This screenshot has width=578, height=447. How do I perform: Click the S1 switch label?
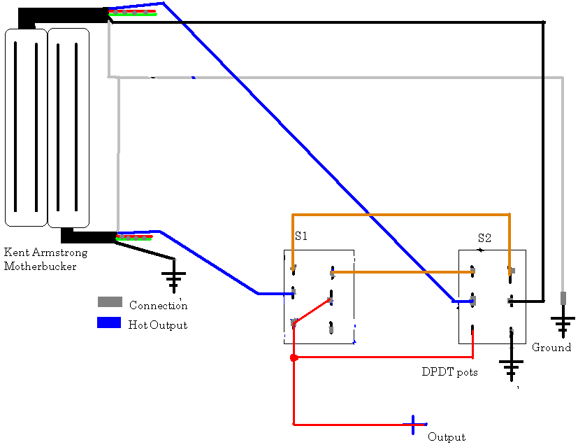point(301,236)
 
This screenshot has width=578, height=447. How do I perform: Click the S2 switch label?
point(485,238)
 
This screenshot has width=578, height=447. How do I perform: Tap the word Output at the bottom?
point(447,437)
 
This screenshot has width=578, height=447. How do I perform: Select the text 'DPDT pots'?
point(450,372)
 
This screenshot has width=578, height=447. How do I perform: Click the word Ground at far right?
point(551,348)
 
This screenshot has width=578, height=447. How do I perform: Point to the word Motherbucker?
point(41,267)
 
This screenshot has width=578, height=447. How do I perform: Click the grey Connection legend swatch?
point(110,302)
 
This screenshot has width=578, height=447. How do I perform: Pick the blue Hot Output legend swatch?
point(110,323)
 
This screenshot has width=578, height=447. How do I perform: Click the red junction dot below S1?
point(294,358)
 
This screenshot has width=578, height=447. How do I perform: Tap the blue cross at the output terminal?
point(414,424)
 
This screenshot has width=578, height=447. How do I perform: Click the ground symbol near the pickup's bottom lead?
point(174,278)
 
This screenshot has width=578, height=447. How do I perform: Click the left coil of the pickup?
point(26,127)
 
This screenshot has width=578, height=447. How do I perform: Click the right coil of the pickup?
point(68,127)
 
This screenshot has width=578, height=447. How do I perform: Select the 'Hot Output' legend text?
point(158,325)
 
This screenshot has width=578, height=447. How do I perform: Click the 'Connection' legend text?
point(159,305)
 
